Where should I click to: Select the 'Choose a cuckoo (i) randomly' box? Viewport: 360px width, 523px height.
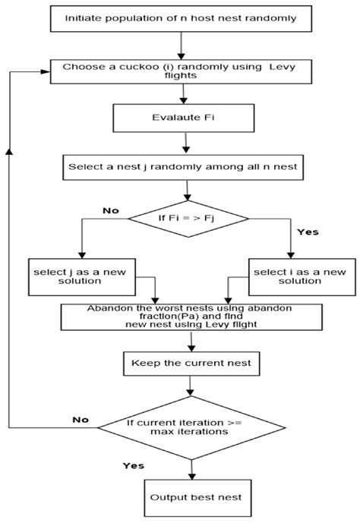(180, 72)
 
